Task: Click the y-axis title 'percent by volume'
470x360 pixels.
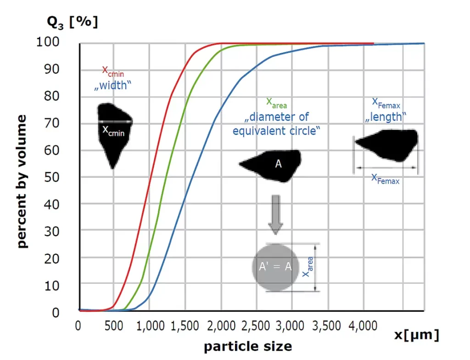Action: click(x=22, y=181)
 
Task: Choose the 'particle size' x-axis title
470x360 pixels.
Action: click(x=247, y=345)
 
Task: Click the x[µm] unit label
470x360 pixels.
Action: click(x=416, y=335)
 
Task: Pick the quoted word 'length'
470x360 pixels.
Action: click(x=386, y=117)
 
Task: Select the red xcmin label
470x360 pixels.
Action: click(x=113, y=72)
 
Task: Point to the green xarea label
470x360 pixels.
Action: click(x=276, y=103)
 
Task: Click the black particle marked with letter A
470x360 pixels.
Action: click(x=273, y=164)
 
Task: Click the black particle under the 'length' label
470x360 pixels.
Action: click(x=388, y=144)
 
